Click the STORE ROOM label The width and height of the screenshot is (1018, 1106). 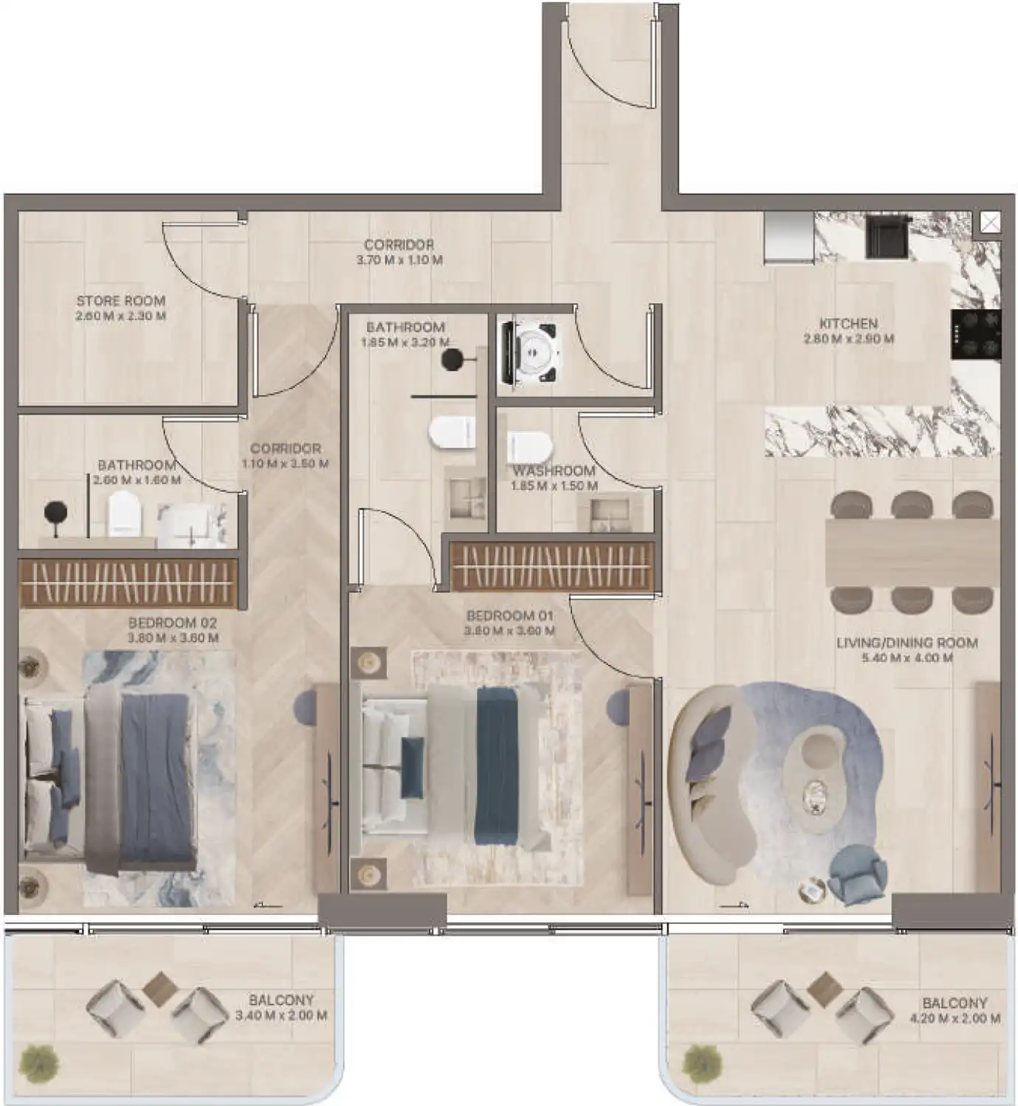(x=121, y=301)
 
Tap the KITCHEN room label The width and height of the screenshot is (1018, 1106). (x=848, y=324)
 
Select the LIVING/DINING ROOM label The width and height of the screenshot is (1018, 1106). (x=907, y=643)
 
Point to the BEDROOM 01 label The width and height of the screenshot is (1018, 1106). (x=509, y=616)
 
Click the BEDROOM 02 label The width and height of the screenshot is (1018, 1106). (x=172, y=623)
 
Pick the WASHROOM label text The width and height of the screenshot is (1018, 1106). (x=554, y=470)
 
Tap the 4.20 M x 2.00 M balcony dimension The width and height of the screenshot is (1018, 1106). (x=955, y=1019)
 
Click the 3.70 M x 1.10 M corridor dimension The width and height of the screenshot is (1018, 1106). (x=399, y=260)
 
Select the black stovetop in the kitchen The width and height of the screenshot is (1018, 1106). (x=975, y=333)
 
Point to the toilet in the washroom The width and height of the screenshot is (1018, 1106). (x=529, y=445)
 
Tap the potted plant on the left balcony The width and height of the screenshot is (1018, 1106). (x=39, y=1062)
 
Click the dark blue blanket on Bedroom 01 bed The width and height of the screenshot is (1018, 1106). (x=501, y=759)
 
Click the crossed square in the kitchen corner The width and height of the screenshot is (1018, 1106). (x=990, y=222)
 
